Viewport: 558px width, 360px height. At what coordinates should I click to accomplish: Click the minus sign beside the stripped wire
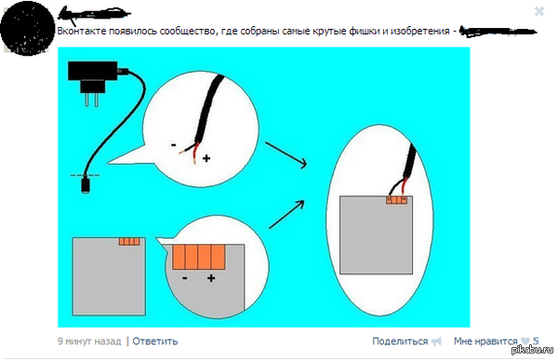[174, 145]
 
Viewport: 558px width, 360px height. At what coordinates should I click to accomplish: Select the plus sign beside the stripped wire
[206, 159]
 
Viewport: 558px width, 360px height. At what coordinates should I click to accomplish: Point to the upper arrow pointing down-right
[286, 155]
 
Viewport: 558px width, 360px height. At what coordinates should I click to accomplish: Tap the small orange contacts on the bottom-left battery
[128, 242]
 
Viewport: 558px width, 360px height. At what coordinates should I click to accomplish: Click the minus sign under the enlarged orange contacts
[185, 278]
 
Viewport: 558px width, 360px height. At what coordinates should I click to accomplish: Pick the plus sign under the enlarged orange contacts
[212, 278]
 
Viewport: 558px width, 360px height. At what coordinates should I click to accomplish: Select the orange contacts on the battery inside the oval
[397, 199]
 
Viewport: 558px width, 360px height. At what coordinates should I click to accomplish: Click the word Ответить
[154, 341]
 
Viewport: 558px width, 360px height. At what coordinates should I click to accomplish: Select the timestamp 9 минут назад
[89, 341]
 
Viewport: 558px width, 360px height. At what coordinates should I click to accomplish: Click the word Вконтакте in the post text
[83, 31]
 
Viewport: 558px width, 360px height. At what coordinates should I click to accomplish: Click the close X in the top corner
[538, 11]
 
